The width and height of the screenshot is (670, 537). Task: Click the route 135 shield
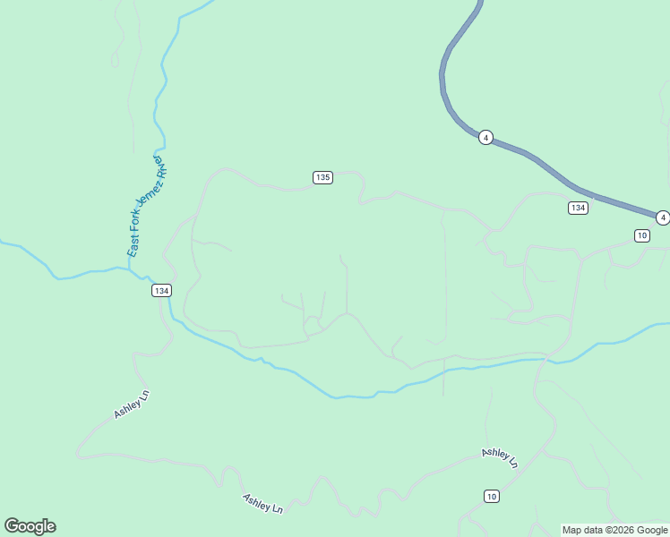click(323, 177)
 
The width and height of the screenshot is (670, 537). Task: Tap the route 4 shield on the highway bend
click(485, 137)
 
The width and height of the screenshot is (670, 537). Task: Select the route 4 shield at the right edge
click(662, 217)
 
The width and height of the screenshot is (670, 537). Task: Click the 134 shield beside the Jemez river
click(161, 291)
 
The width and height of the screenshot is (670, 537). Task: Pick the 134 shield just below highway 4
click(578, 208)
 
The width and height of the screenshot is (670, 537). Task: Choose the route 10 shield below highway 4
click(641, 235)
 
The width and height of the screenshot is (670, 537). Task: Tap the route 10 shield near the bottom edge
click(491, 496)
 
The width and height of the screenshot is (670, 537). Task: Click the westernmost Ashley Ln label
click(131, 405)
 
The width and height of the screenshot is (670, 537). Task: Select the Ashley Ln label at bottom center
click(262, 503)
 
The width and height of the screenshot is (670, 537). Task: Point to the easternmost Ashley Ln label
click(500, 458)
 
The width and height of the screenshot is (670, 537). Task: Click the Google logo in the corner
click(30, 526)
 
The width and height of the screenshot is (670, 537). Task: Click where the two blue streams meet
click(149, 277)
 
